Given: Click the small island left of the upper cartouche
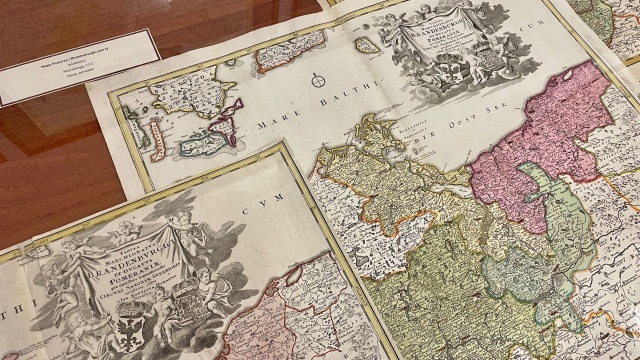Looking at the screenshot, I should click(368, 45).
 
